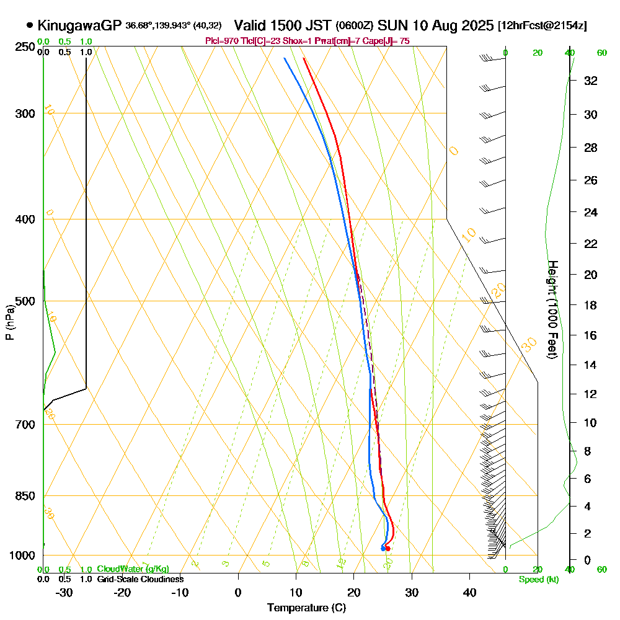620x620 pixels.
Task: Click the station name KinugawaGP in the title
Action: pos(80,25)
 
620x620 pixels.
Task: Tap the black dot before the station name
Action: pos(30,25)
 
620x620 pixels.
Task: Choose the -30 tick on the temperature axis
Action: pos(64,591)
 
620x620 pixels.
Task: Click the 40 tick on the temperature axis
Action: pos(469,591)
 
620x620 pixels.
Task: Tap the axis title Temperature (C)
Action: pos(306,608)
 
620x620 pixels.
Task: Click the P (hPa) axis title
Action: pos(9,322)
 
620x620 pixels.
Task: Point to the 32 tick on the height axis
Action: pos(590,81)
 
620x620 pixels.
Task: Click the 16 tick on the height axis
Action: pos(590,335)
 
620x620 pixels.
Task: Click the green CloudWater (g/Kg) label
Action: pos(133,569)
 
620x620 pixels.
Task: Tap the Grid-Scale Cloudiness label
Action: pos(140,579)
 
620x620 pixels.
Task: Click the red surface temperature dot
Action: pos(387,548)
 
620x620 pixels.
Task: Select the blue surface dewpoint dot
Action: pos(383,548)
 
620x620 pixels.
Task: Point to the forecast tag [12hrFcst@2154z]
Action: pos(542,26)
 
